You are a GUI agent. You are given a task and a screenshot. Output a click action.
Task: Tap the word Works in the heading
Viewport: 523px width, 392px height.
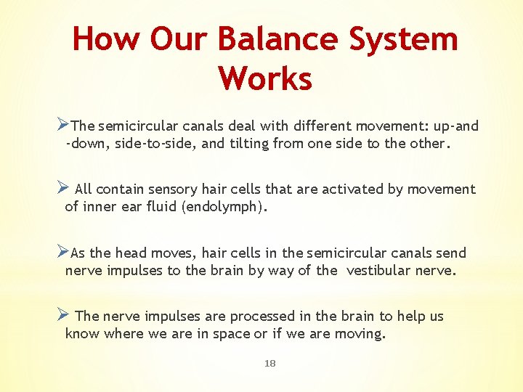[x=265, y=78]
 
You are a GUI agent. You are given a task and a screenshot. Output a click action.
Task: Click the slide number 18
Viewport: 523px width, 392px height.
[x=270, y=364]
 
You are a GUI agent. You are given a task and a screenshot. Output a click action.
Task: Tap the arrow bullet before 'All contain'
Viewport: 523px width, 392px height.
[x=62, y=188]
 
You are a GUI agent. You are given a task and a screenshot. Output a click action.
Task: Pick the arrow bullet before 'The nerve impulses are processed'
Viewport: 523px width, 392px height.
[x=62, y=315]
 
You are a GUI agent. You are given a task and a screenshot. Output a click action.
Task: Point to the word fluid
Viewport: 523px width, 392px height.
[x=174, y=207]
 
